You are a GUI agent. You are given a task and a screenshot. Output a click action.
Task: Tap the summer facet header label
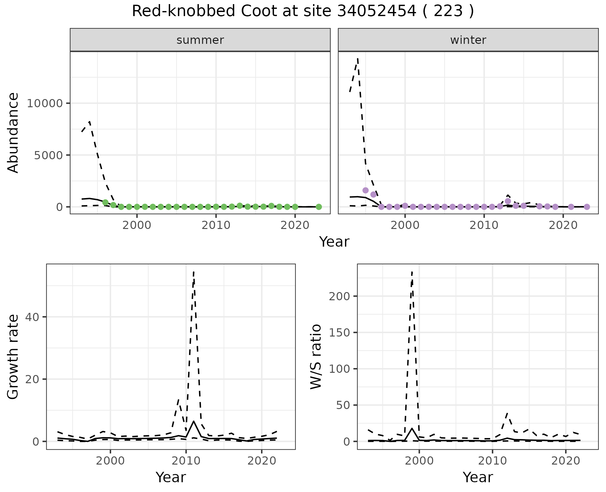[x=200, y=40]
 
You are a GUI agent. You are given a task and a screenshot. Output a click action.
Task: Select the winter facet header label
[x=468, y=40]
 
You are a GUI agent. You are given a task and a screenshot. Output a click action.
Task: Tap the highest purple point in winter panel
[x=365, y=190]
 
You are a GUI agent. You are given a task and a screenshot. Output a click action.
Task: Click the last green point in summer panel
[x=319, y=207]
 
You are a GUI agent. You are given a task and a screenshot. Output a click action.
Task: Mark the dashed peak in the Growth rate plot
[x=193, y=271]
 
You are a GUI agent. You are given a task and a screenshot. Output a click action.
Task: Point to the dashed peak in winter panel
[x=358, y=58]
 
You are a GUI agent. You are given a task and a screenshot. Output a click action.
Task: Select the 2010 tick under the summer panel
[x=216, y=225]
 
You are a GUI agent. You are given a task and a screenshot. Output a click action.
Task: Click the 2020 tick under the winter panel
[x=563, y=225]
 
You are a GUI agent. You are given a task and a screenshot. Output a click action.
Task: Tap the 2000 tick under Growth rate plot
[x=110, y=461]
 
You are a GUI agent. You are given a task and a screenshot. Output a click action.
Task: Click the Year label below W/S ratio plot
[x=478, y=477]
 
